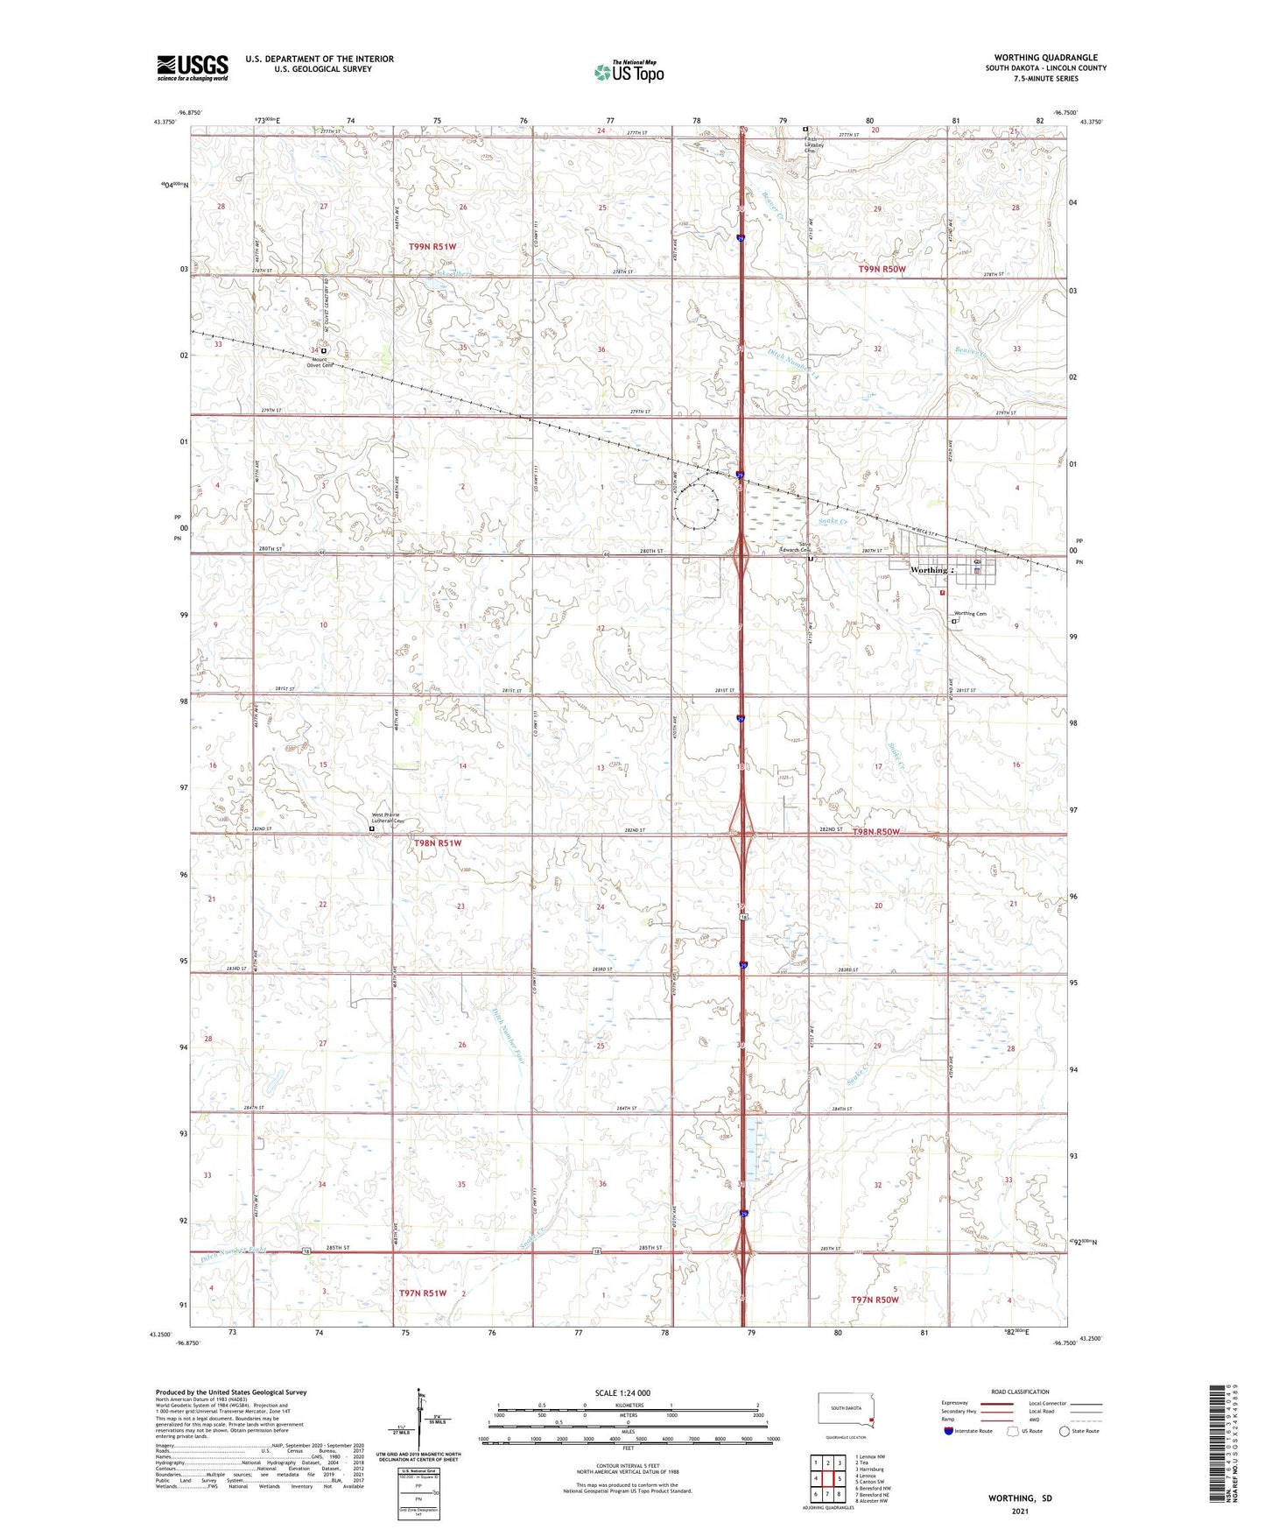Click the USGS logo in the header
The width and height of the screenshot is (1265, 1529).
193,67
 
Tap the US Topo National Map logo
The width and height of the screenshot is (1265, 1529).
628,72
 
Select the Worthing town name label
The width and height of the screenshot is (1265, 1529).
928,570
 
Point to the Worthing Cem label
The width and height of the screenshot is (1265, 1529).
970,614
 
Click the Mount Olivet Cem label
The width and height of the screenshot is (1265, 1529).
320,363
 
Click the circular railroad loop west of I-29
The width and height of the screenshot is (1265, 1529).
697,505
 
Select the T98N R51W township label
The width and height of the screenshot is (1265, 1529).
437,843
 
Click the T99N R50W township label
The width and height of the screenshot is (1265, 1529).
882,269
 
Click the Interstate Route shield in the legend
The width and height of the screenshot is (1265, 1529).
949,1431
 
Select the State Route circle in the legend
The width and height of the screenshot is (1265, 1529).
1065,1431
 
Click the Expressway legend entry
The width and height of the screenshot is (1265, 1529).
955,1403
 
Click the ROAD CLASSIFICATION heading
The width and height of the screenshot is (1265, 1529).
1020,1392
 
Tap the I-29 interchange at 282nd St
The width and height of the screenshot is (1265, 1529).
742,833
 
